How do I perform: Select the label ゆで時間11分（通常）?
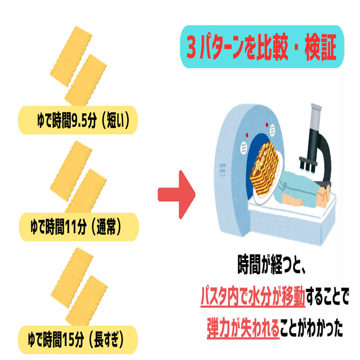point(78,228)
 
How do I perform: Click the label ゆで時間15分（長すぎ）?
point(78,339)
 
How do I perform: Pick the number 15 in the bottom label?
point(75,339)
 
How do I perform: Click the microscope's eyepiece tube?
point(316,119)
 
